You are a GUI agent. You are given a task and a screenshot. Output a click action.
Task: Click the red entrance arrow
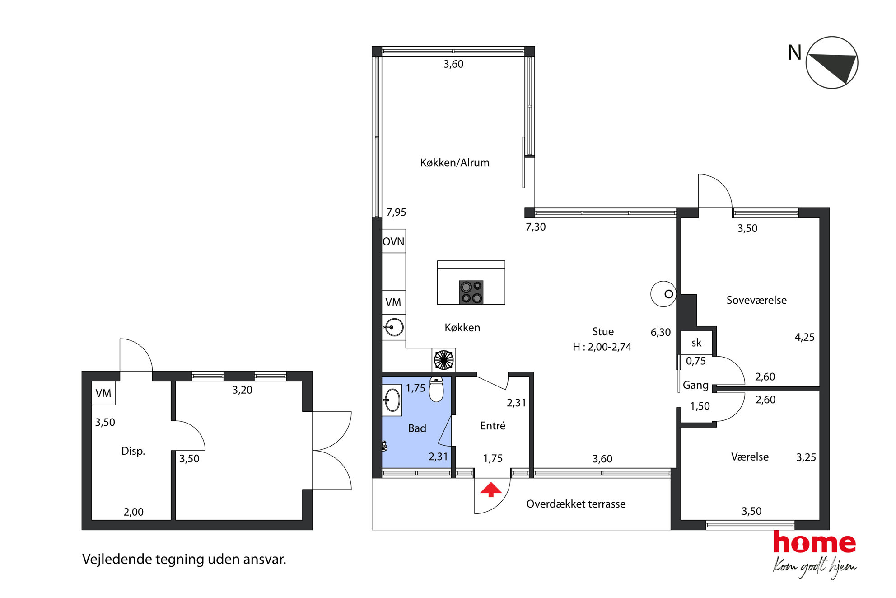[x=491, y=490]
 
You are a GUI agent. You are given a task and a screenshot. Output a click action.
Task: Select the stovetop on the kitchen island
[x=471, y=292]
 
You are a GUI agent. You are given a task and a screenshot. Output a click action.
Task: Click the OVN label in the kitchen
[x=393, y=241]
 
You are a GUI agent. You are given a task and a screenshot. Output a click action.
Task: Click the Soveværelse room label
[x=756, y=300]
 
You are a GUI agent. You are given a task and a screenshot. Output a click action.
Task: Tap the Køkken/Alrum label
[x=455, y=163]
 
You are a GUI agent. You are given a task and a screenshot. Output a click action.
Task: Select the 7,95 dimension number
[x=396, y=212]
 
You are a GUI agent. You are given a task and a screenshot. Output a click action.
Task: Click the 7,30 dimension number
[x=536, y=227]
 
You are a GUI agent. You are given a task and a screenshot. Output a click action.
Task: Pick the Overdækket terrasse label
[x=576, y=504]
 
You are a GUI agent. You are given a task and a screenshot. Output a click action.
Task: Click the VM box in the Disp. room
[x=103, y=393]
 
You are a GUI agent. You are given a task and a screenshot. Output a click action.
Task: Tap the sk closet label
[x=696, y=343]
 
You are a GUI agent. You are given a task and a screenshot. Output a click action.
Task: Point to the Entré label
[x=493, y=425]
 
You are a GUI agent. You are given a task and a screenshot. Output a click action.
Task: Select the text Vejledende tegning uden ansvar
[x=184, y=560]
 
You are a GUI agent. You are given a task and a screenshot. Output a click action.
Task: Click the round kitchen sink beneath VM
[x=394, y=327]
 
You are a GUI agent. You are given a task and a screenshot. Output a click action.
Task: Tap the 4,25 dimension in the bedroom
[x=805, y=337]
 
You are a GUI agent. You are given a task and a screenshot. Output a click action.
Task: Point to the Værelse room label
[x=750, y=457]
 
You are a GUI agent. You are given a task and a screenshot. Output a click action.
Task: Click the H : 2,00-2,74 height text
[x=602, y=347]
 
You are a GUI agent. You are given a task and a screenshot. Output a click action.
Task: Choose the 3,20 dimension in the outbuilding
[x=243, y=390]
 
